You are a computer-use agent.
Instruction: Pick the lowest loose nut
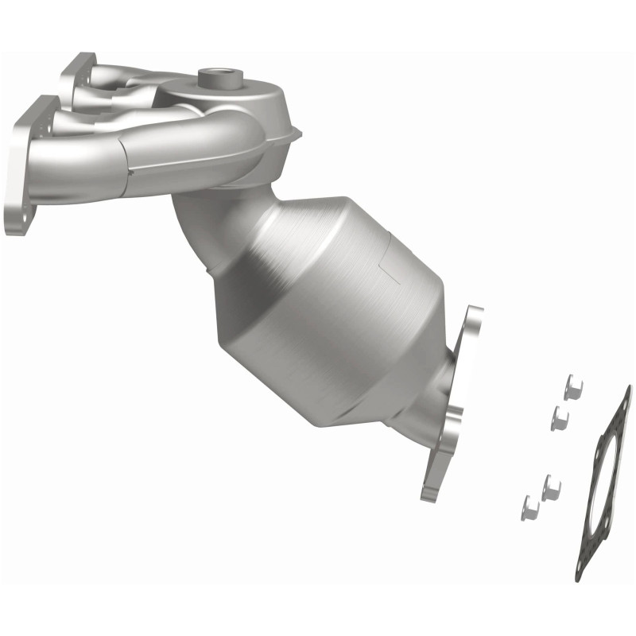(x=529, y=506)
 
